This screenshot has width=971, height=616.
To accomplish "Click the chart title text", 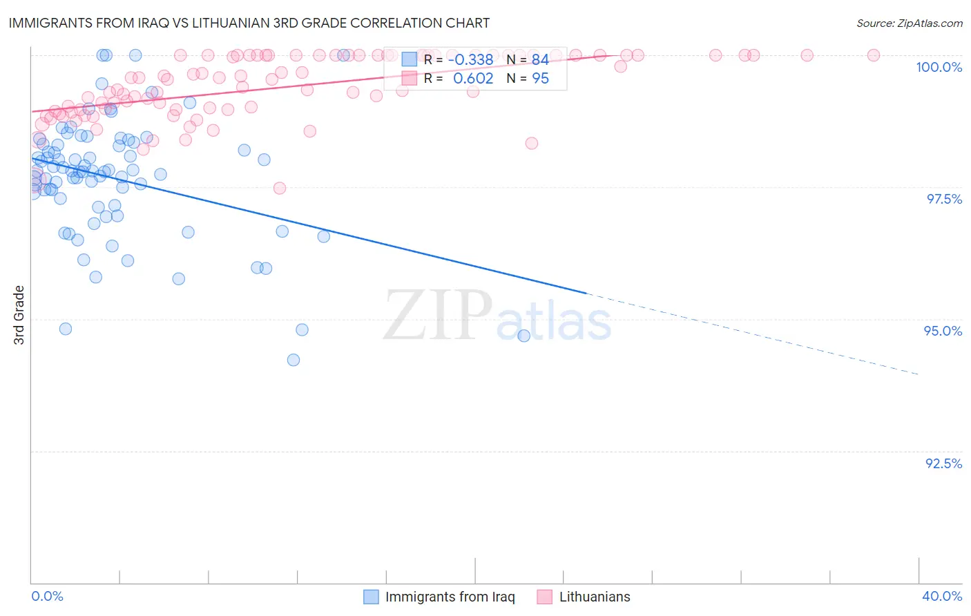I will coord(249,23).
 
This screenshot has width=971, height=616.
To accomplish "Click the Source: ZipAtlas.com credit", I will coord(909,23).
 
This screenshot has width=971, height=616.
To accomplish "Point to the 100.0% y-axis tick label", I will coord(939,67).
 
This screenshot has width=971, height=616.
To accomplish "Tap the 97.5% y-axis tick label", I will coord(943,199).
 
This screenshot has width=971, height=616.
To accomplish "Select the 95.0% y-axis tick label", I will coord(943,331).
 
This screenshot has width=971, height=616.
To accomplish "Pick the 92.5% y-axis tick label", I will coord(943,463).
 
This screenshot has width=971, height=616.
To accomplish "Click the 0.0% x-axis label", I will coord(48,596).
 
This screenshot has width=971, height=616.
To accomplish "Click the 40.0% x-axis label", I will coord(941,596).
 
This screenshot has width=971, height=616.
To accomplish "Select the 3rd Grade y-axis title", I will coord(19,315).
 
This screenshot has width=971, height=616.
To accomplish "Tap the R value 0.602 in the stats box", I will coord(473,79).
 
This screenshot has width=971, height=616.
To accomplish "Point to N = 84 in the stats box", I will coord(528,60).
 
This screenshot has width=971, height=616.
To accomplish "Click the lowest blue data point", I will coord(294,360).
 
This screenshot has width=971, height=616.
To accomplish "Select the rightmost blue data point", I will coord(523,336).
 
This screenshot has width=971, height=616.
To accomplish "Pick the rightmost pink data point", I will coord(873,55).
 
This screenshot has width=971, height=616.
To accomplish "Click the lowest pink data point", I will coord(280,188).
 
